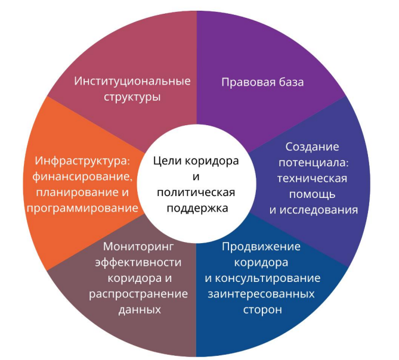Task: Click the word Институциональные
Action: (132, 80)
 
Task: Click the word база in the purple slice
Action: (289, 82)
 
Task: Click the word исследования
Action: (321, 210)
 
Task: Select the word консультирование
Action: (271, 278)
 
